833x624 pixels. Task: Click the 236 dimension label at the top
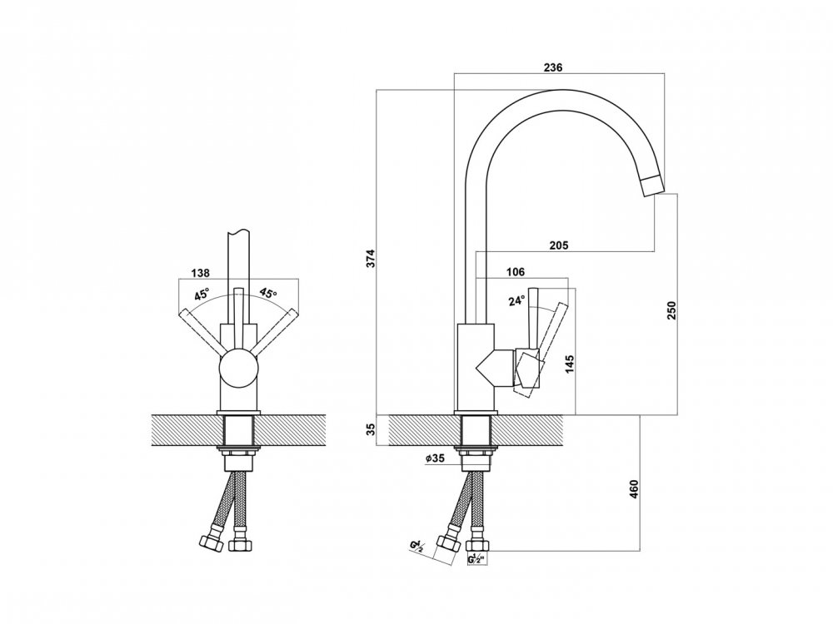[x=552, y=67]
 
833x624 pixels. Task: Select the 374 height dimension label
[x=372, y=258]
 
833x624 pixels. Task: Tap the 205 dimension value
[x=558, y=245]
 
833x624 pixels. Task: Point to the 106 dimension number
[x=516, y=272]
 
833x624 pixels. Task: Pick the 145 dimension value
[x=570, y=364]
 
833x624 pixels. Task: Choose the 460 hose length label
[x=633, y=488]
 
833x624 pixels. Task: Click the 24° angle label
[x=516, y=301]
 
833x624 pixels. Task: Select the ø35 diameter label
[x=435, y=458]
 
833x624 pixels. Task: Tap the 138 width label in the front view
[x=200, y=273]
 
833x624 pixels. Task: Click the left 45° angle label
[x=202, y=294]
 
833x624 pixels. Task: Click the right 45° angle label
[x=267, y=293]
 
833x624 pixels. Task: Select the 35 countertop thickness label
[x=372, y=428]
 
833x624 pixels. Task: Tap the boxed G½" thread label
[x=477, y=559]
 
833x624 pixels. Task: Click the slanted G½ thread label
[x=416, y=547]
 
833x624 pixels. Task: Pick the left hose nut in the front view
[x=211, y=542]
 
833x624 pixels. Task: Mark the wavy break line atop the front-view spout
[x=238, y=231]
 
